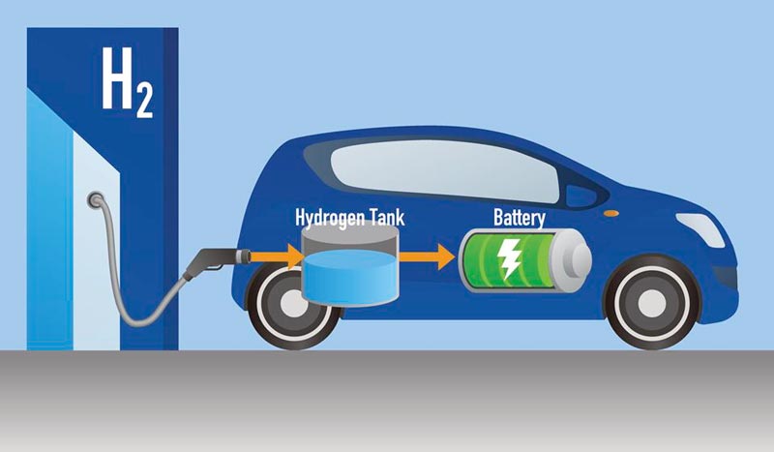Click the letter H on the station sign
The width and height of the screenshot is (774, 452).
tap(117, 78)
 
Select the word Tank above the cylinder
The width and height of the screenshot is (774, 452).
tap(386, 218)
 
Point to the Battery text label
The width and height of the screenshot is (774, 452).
tap(520, 218)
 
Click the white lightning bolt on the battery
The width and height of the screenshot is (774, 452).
tap(508, 258)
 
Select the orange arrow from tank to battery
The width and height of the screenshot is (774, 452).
tap(427, 256)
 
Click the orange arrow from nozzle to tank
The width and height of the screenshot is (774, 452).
tap(277, 256)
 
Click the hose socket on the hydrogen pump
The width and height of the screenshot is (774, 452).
tap(95, 200)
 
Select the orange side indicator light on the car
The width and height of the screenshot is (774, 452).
tap(611, 213)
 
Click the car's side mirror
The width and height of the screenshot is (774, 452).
tap(581, 196)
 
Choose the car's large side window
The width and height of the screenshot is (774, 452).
tap(444, 170)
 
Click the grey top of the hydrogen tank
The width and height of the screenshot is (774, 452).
tap(350, 236)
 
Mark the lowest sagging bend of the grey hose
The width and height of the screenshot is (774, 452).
tap(139, 323)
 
